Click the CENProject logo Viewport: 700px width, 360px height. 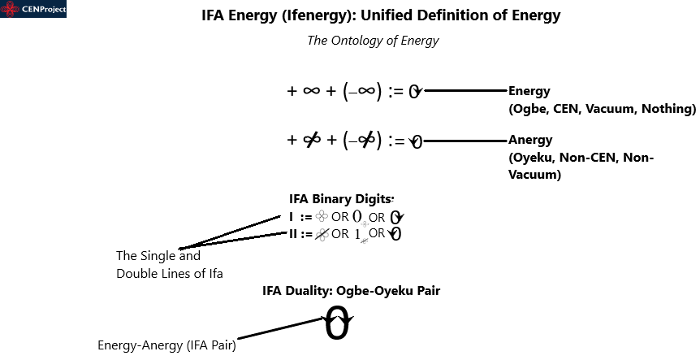click(x=33, y=10)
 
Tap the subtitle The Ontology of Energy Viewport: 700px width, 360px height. click(x=373, y=41)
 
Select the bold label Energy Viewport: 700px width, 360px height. click(x=529, y=91)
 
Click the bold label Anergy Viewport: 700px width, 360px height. click(x=530, y=139)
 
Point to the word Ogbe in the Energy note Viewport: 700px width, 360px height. click(x=532, y=108)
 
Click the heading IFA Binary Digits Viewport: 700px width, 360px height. click(x=340, y=198)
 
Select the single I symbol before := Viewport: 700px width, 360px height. click(x=291, y=217)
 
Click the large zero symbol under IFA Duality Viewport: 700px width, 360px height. click(x=337, y=325)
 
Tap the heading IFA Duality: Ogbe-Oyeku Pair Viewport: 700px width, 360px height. click(x=351, y=291)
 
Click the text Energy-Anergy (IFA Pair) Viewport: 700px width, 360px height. click(x=166, y=345)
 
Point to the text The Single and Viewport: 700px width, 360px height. click(x=158, y=256)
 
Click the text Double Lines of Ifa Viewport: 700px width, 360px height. click(x=169, y=273)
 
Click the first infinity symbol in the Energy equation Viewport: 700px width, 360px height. click(x=311, y=92)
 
